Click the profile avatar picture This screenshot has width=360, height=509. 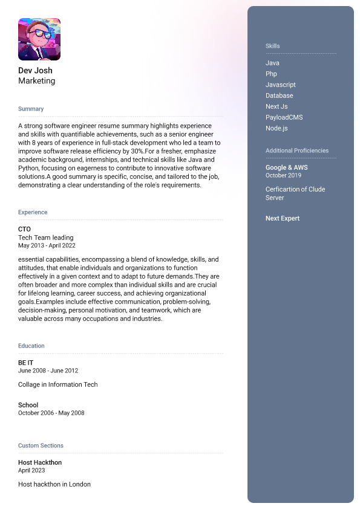39,39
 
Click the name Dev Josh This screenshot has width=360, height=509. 35,71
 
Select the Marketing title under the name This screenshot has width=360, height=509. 36,81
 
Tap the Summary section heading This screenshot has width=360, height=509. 31,109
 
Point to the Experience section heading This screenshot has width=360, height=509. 33,212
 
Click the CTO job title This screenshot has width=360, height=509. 24,229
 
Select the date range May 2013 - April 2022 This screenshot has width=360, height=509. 47,246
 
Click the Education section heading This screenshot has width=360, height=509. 31,346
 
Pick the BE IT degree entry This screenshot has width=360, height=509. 26,363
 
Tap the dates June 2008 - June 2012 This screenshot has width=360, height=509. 48,371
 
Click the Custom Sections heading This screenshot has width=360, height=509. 41,446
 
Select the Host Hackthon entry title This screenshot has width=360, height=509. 40,462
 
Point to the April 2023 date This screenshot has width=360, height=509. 31,470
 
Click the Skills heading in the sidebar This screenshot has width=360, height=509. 273,46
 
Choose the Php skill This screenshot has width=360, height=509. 271,74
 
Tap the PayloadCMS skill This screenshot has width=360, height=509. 284,117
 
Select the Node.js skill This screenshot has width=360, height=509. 277,128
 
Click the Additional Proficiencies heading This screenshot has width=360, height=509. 297,151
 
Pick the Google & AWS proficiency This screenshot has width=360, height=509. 286,167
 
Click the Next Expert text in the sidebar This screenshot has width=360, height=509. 283,218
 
